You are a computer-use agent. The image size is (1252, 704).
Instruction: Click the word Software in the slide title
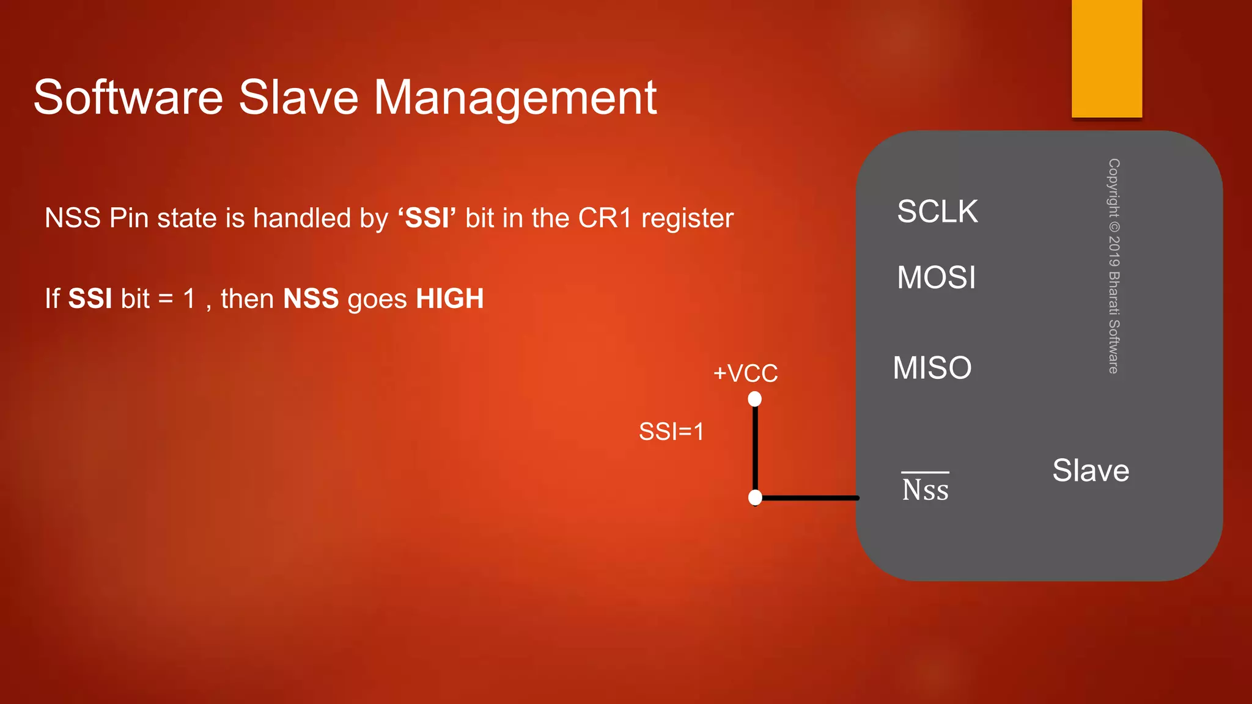tap(128, 98)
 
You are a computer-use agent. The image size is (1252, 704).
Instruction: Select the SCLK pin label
tap(937, 211)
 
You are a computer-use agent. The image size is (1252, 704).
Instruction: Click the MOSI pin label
tap(936, 277)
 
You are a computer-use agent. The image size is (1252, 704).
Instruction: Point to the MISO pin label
tap(932, 368)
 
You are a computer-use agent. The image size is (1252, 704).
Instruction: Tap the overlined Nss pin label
tap(925, 489)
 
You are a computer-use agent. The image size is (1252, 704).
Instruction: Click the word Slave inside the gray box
tap(1091, 471)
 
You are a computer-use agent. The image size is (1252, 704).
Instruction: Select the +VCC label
tap(745, 373)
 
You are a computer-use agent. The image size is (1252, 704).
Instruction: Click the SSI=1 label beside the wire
tap(671, 431)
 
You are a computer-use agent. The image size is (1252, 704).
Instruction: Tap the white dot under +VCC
tap(755, 400)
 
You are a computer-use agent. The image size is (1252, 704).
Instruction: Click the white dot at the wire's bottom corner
tap(755, 497)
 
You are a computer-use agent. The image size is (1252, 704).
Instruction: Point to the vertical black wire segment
tap(755, 449)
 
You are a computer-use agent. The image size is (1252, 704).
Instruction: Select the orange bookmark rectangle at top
tap(1107, 58)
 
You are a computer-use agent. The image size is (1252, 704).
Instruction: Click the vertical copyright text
tap(1114, 266)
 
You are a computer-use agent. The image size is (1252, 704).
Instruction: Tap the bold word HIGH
tap(450, 299)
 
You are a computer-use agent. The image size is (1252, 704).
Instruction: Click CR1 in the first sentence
tap(605, 218)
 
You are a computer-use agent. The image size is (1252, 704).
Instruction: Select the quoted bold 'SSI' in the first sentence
tap(427, 218)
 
